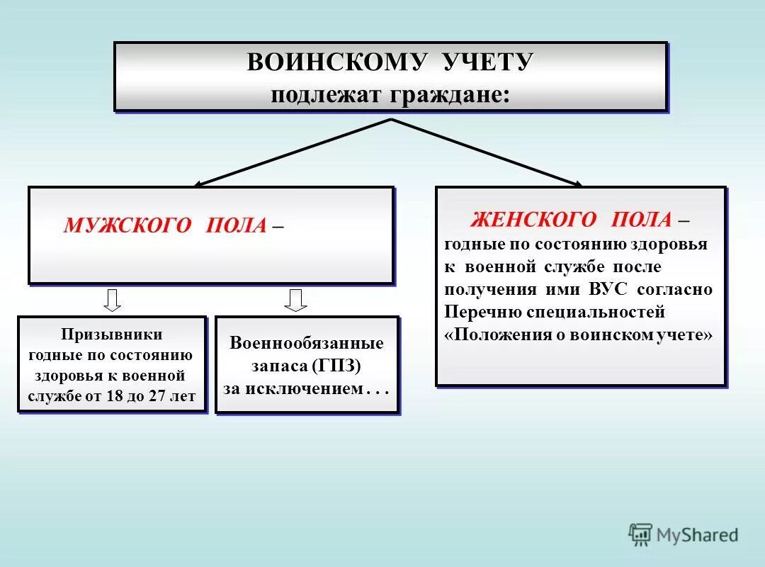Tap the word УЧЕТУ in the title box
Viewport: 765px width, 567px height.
pos(480,62)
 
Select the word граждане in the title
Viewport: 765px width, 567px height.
pos(448,94)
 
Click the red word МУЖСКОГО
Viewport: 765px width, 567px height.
pos(128,225)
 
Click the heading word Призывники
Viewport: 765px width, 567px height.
pos(112,333)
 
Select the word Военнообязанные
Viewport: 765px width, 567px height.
pos(307,344)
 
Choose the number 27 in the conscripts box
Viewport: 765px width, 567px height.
pos(157,395)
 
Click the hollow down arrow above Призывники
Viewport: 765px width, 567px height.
pos(112,300)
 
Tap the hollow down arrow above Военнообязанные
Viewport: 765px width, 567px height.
pos(295,300)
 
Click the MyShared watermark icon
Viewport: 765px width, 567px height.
pos(640,534)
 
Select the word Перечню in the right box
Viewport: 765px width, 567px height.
pos(475,312)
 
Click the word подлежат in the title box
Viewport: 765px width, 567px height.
pos(325,94)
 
